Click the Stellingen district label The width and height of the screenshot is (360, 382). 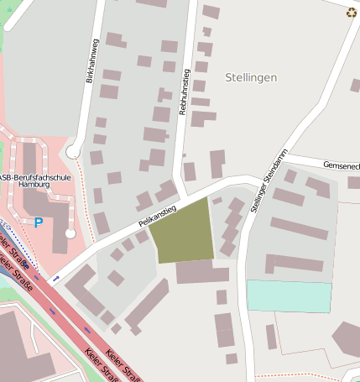click(251, 77)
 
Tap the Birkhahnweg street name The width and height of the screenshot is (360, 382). click(91, 61)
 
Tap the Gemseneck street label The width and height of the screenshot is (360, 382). click(339, 166)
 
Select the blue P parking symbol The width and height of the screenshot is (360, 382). click(39, 222)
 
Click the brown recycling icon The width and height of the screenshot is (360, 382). click(351, 12)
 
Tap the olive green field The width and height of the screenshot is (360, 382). click(182, 233)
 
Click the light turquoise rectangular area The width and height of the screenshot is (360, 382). click(289, 296)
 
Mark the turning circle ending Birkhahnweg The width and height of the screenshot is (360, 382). click(73, 152)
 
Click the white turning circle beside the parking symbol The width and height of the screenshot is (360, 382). click(70, 233)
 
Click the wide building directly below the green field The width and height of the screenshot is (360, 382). click(201, 272)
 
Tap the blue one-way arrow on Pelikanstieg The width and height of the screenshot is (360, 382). click(56, 278)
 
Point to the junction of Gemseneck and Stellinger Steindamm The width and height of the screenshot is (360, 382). click(284, 157)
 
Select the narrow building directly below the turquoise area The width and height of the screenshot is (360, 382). click(271, 337)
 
